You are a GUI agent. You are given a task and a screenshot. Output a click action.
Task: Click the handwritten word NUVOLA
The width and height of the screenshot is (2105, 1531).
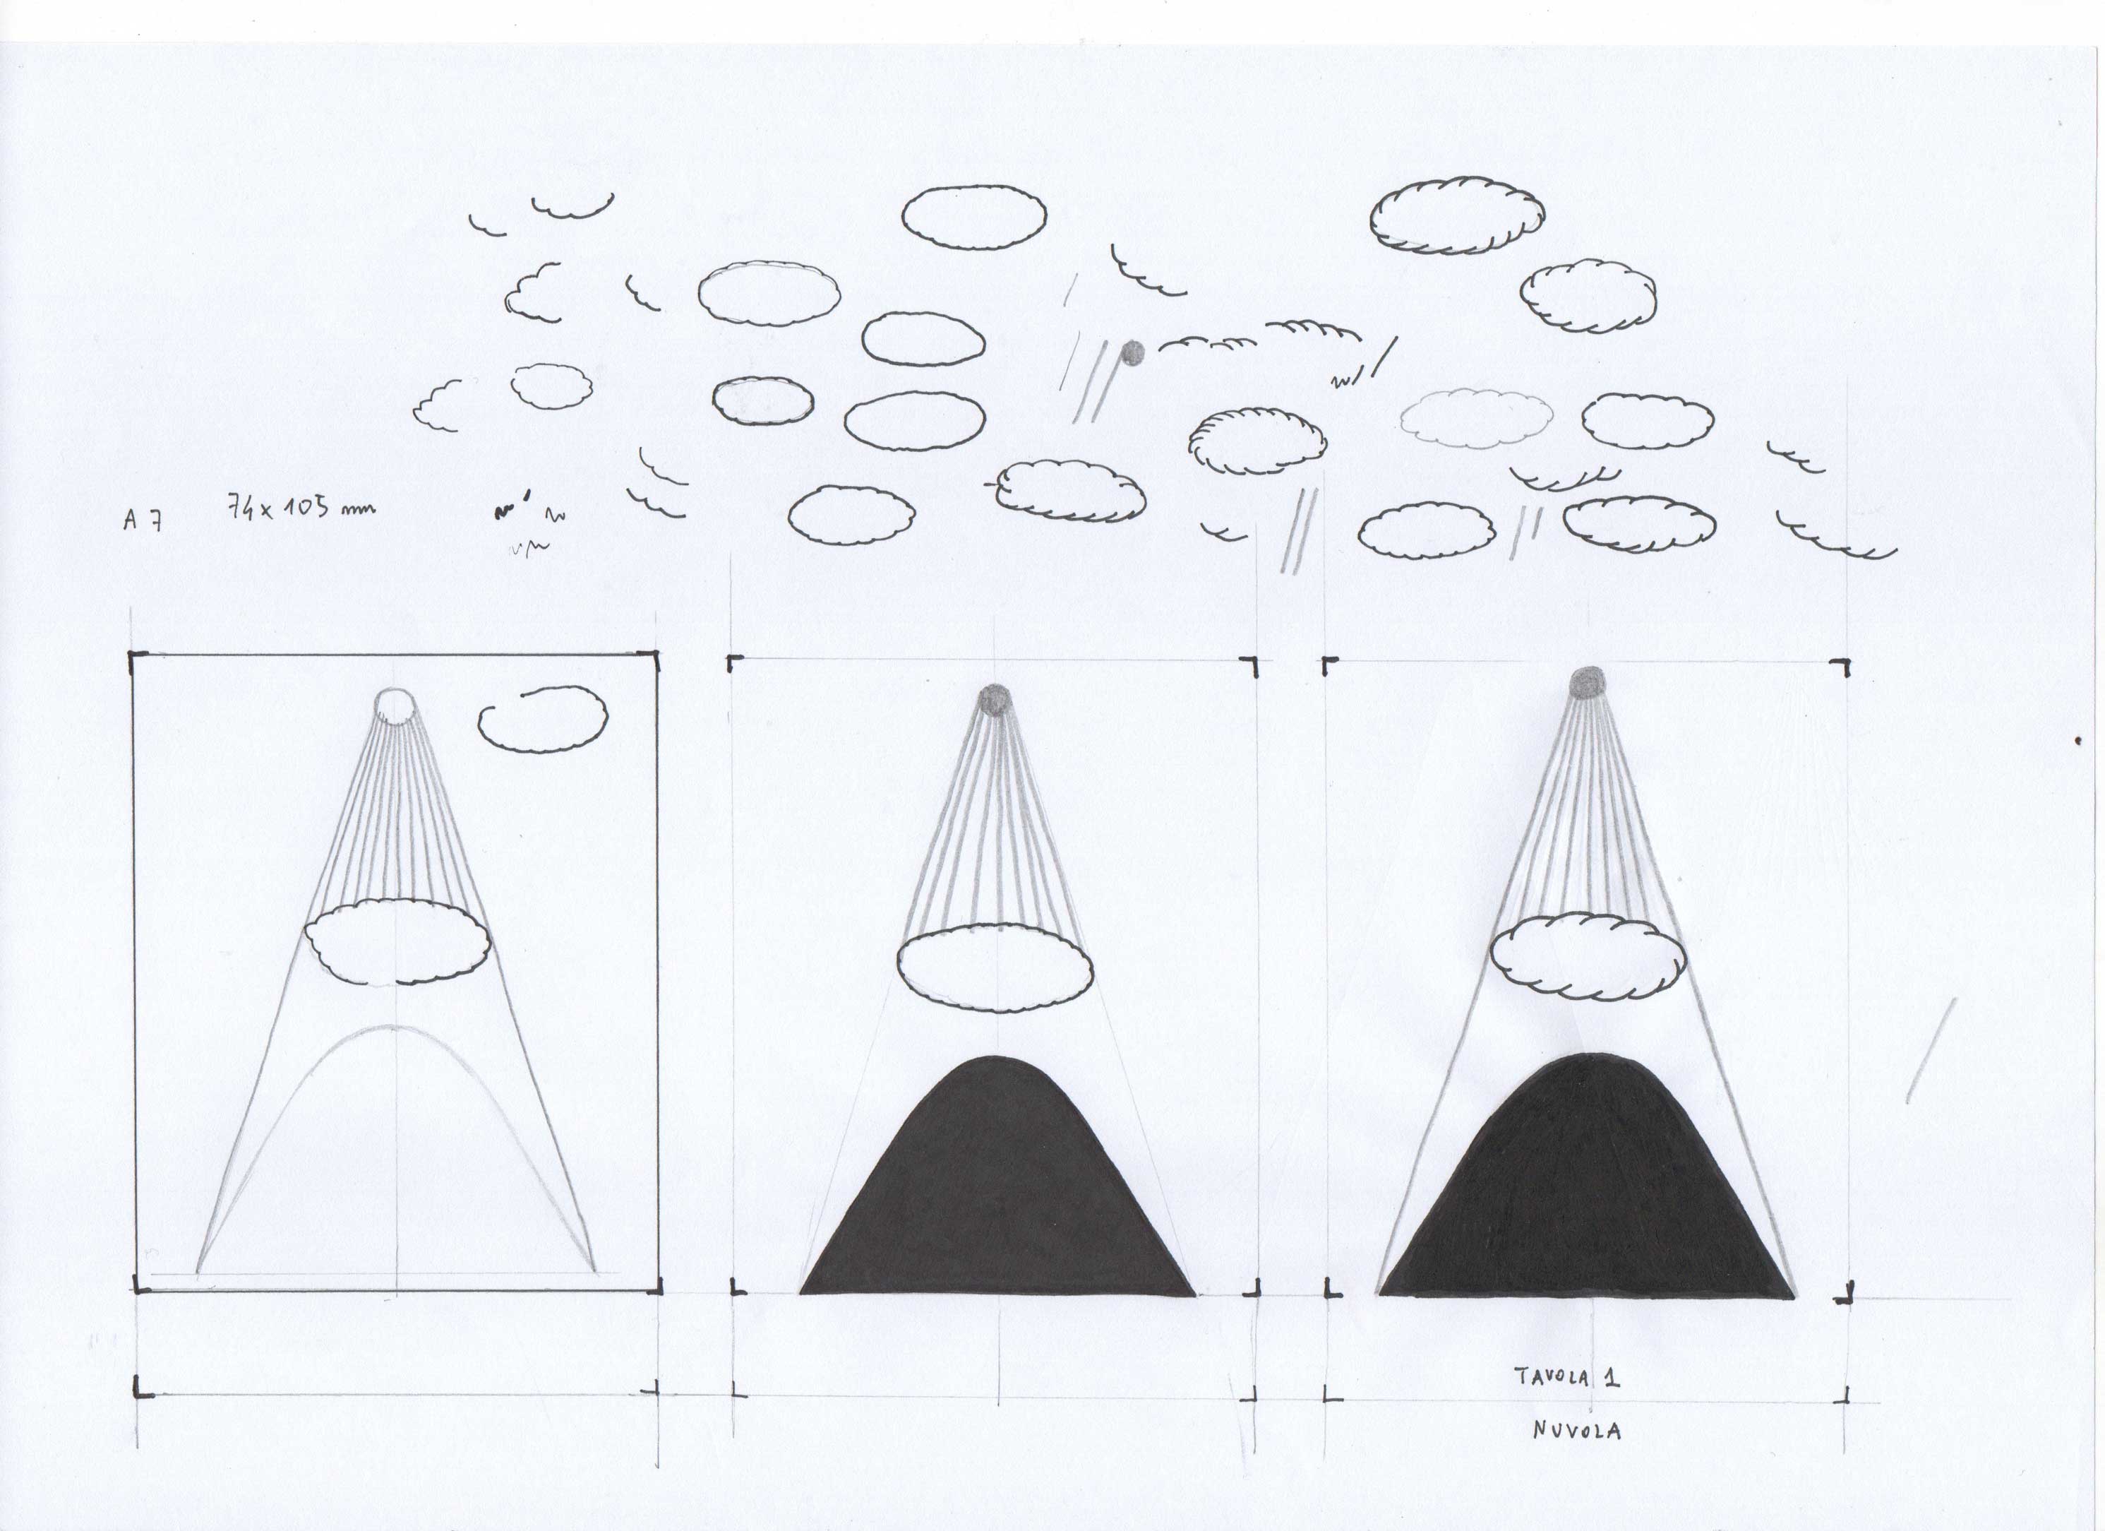click(1577, 1431)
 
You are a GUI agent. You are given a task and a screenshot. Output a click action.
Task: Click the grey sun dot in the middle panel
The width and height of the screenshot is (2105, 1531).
click(995, 699)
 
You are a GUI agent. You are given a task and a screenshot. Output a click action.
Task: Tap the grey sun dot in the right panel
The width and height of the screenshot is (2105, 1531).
click(1587, 682)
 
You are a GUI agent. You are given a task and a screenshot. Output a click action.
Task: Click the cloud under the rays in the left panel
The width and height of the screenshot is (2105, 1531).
click(397, 941)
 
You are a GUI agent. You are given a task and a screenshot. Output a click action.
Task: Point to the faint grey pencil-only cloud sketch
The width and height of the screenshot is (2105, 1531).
click(1476, 418)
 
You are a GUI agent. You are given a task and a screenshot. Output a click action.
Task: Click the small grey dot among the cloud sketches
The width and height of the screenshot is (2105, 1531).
click(1132, 353)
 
